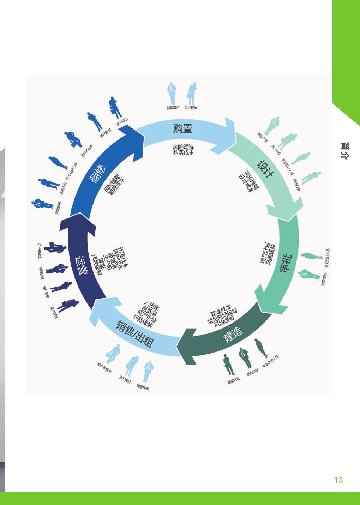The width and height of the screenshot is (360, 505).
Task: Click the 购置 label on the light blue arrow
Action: pos(182,128)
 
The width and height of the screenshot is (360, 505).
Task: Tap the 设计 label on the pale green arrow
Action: pos(265,169)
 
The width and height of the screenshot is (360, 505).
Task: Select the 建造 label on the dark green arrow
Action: pos(233,334)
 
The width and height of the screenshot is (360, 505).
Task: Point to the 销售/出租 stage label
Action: pos(135,334)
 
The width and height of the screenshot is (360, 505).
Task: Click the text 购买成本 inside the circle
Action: pos(184,152)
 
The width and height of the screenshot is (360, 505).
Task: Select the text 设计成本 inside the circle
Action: pos(245,184)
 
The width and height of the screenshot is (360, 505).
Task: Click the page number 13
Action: pos(338,480)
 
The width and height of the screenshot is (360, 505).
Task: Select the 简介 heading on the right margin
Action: pos(345,151)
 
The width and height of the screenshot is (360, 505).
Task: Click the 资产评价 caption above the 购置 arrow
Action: pos(191,107)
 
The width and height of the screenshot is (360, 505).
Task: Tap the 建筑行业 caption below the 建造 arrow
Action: pos(234,380)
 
